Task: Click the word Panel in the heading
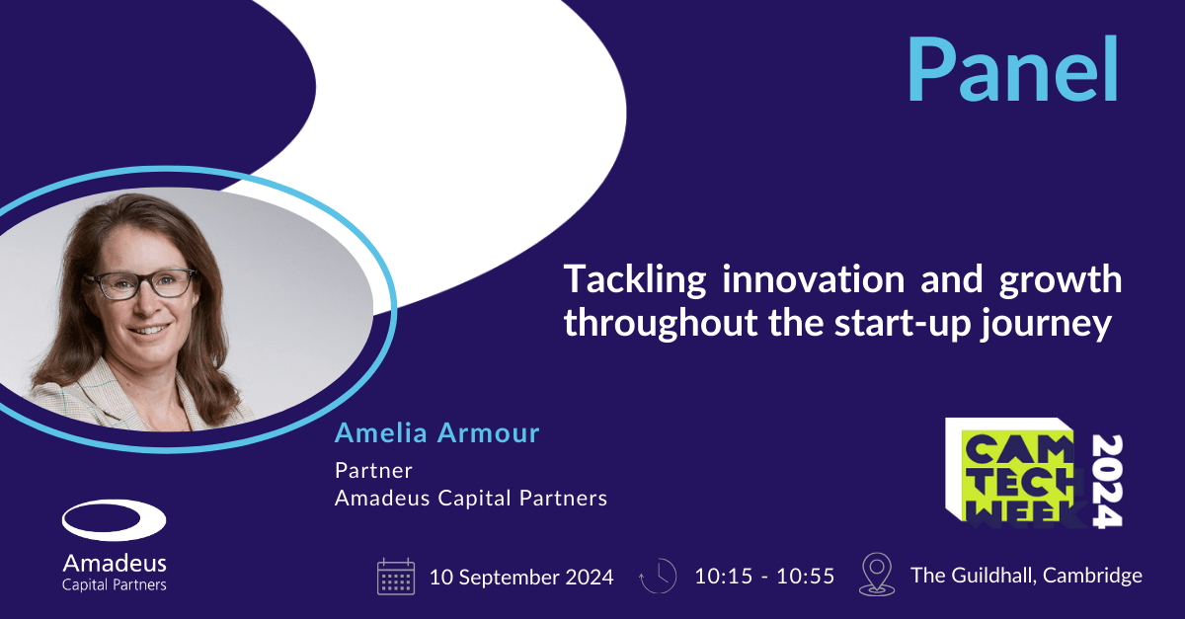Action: [x=1012, y=69]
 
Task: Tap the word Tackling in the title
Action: [x=635, y=280]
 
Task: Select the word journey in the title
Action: [x=1046, y=324]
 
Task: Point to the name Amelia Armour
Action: [x=436, y=432]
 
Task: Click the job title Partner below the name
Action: [x=373, y=470]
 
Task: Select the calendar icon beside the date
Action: [x=396, y=577]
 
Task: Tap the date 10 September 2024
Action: [x=521, y=577]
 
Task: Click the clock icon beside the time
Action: [x=658, y=576]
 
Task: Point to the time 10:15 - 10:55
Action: [x=764, y=577]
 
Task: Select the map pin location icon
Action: [x=877, y=575]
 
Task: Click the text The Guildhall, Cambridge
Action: [x=1026, y=577]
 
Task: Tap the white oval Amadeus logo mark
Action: [x=115, y=520]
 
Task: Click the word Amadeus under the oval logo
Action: [x=115, y=564]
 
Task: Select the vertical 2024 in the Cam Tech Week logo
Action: [x=1107, y=481]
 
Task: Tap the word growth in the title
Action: [x=1061, y=280]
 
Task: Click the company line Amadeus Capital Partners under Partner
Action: [x=471, y=498]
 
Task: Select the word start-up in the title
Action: [x=903, y=324]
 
